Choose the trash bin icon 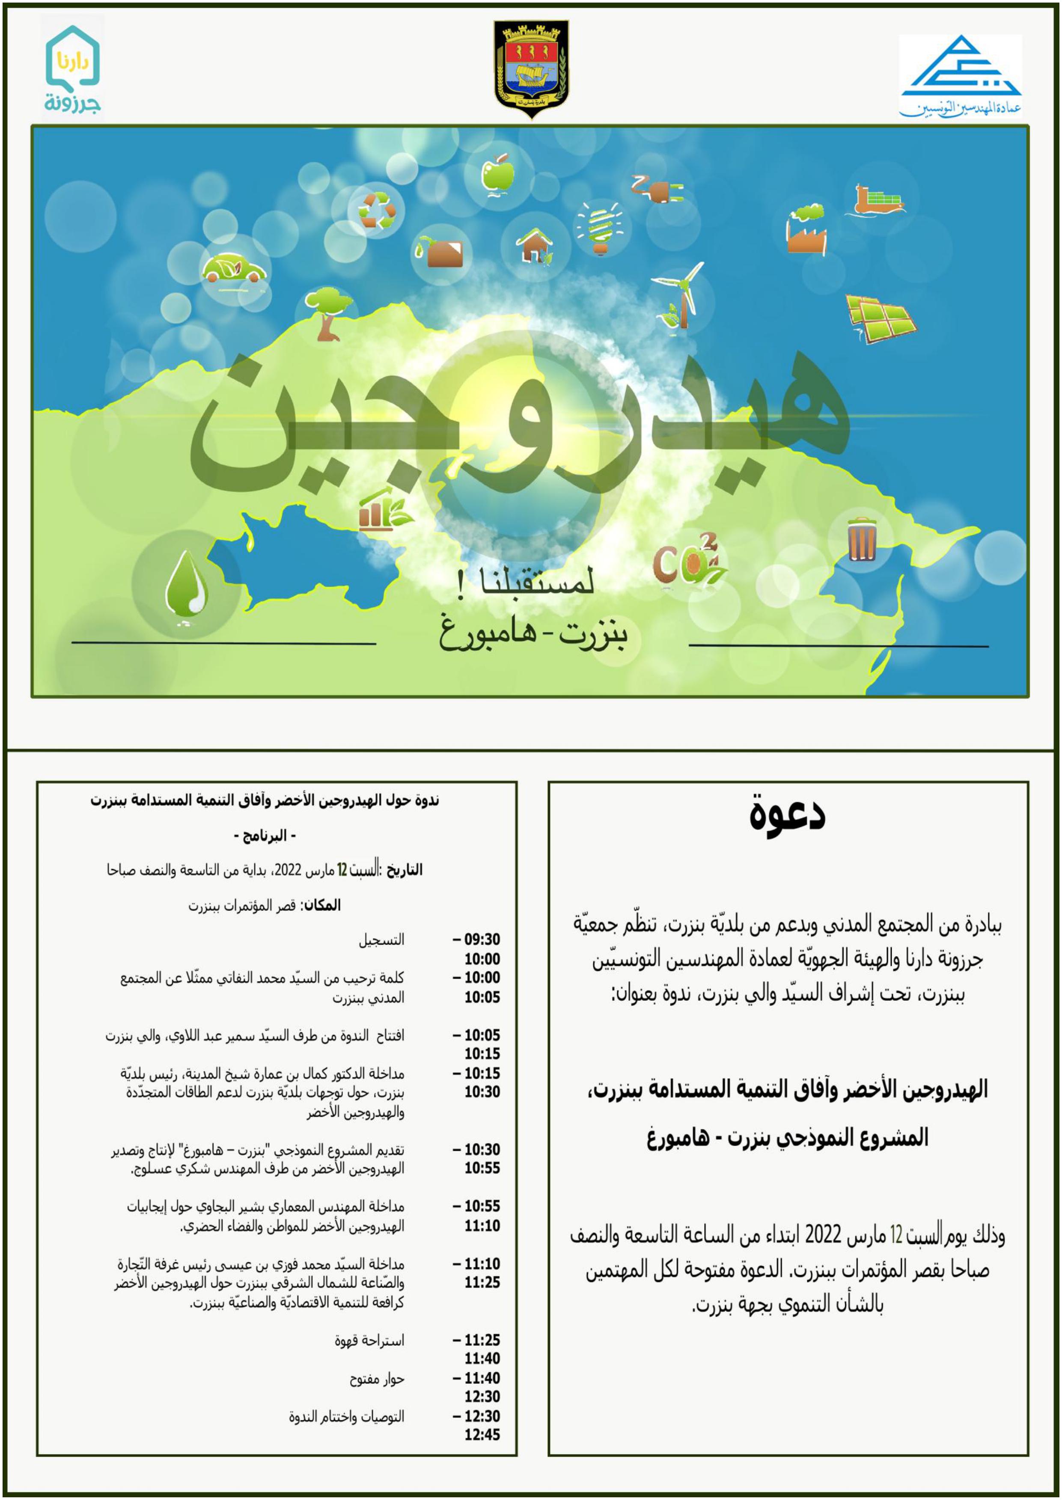(x=862, y=538)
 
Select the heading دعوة (x=787, y=815)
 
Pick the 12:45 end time (x=482, y=1435)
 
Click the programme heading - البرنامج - (x=265, y=836)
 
